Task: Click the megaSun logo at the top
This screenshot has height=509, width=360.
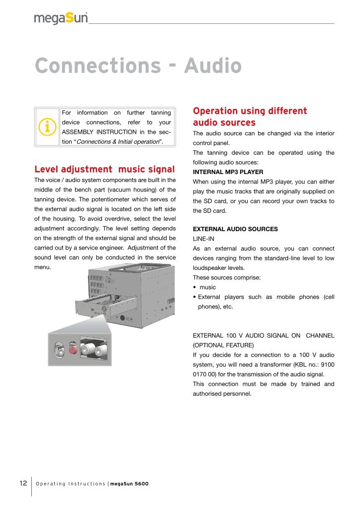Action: coord(61,18)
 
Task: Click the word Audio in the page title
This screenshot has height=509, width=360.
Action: coord(213,66)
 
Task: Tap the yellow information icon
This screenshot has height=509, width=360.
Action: coord(47,127)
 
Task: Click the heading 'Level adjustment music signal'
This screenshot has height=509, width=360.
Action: coord(104,169)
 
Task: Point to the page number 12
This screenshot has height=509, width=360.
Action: coord(23,483)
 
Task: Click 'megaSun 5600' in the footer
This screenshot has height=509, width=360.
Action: coord(129,484)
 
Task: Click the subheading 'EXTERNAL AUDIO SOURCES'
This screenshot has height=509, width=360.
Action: coord(235,229)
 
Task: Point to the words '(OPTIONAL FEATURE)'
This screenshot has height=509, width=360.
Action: coord(223,344)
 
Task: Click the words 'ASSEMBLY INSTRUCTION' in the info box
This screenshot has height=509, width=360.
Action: coord(99,132)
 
